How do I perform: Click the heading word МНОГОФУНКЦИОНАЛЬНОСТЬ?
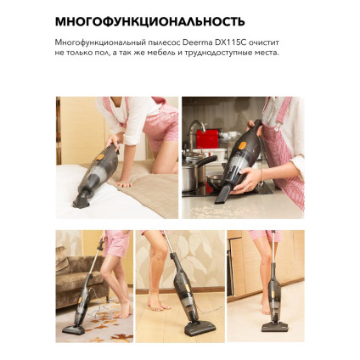click(x=149, y=21)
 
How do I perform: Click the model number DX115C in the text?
click(x=239, y=42)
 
